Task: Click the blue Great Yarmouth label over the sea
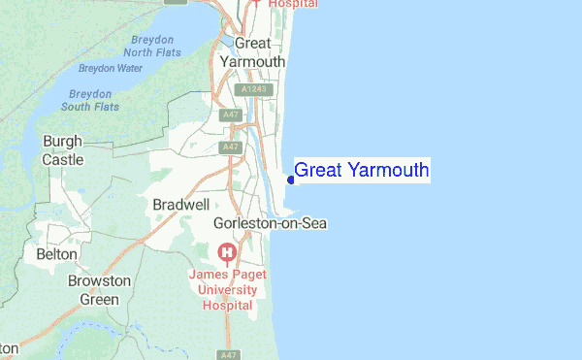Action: click(361, 171)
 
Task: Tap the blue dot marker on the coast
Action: click(291, 180)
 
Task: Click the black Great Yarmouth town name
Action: click(252, 52)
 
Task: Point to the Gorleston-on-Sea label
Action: click(271, 223)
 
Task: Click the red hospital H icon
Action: click(228, 255)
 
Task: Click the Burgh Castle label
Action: click(63, 150)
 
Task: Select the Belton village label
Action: click(55, 253)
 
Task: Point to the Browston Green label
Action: click(99, 290)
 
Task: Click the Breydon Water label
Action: click(110, 69)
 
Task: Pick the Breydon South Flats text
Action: click(93, 100)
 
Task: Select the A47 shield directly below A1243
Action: click(231, 115)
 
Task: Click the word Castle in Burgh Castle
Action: click(63, 159)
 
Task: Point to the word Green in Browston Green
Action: click(99, 299)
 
